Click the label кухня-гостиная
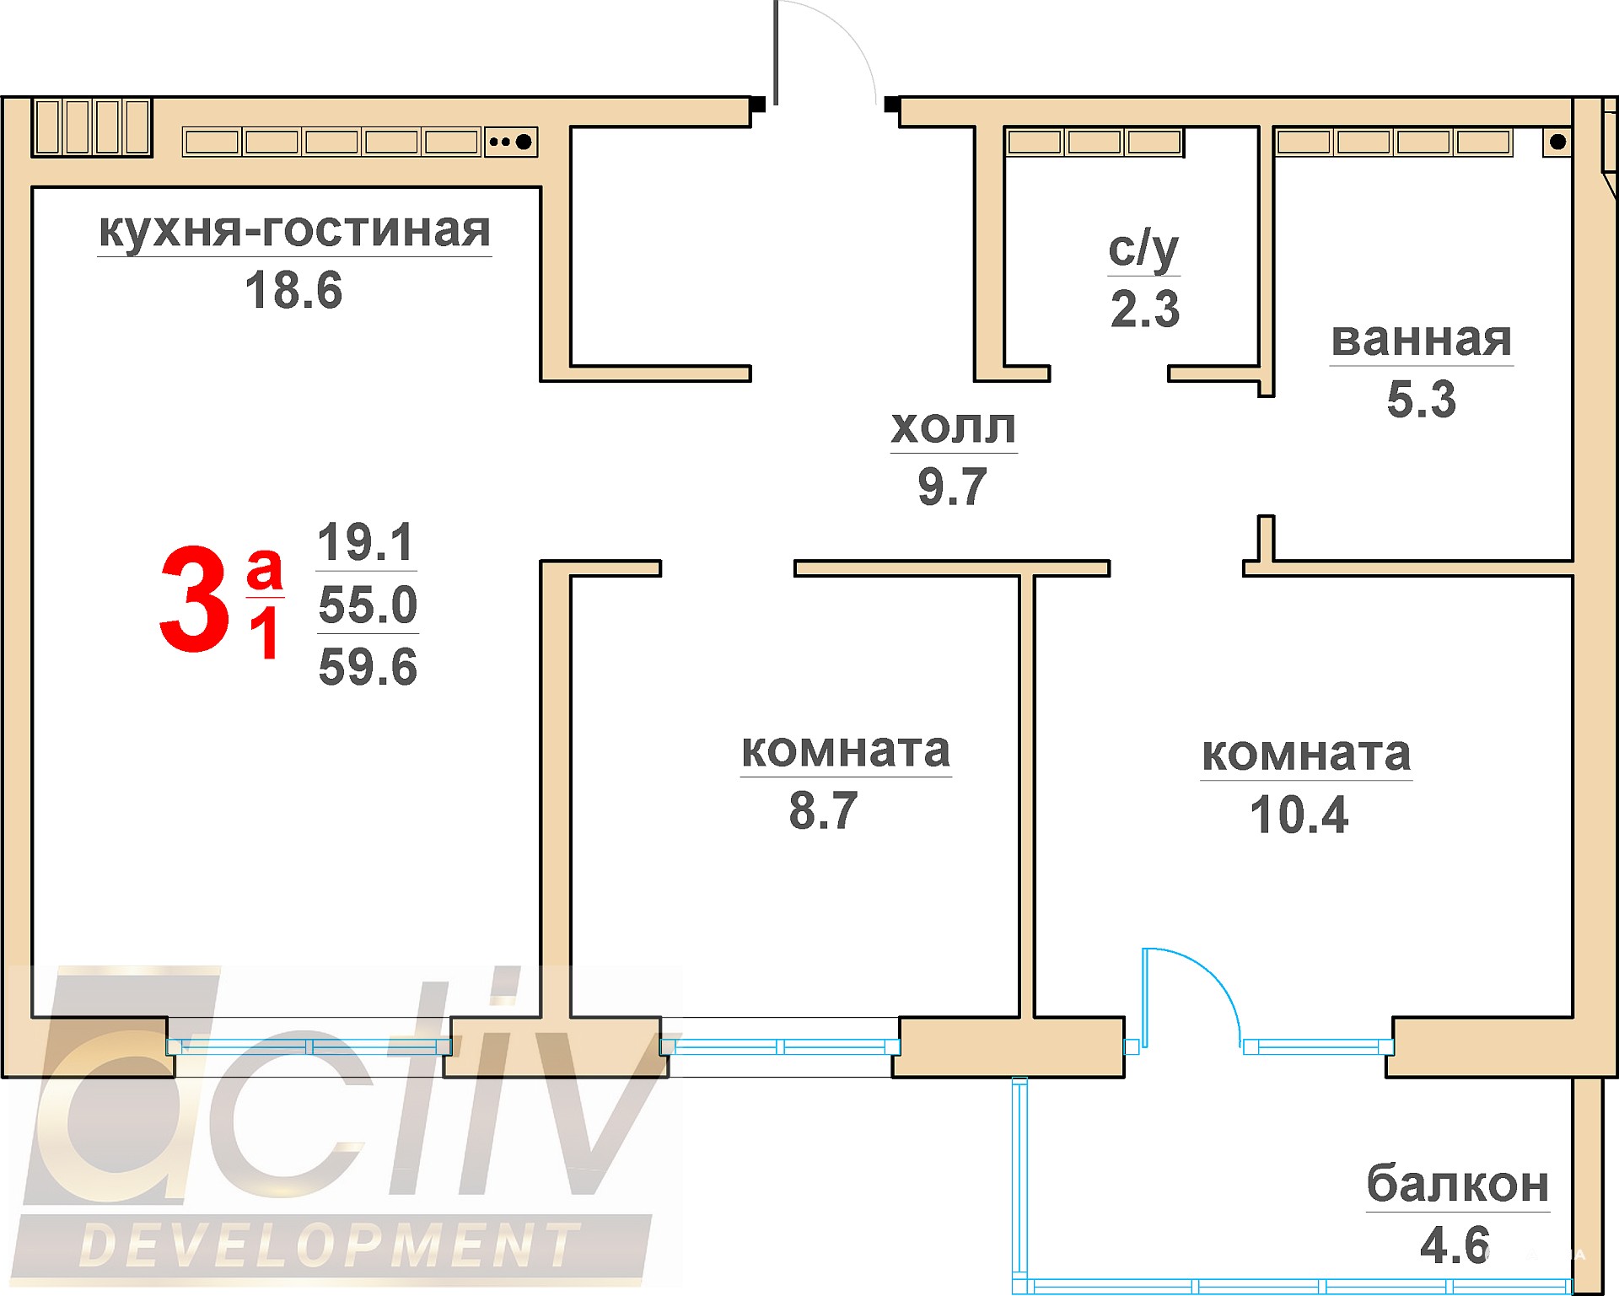coord(294,231)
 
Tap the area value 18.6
coord(293,290)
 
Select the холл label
coord(954,428)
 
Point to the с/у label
coord(1143,250)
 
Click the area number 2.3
coord(1145,309)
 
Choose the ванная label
coord(1422,340)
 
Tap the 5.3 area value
coord(1422,399)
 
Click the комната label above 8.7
coord(846,750)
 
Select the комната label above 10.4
coord(1306,754)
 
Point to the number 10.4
coord(1299,815)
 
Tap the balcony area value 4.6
coord(1455,1245)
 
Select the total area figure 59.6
coord(368,667)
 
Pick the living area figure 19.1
coord(365,541)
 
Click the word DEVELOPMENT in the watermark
coord(330,1245)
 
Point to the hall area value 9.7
coord(952,487)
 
